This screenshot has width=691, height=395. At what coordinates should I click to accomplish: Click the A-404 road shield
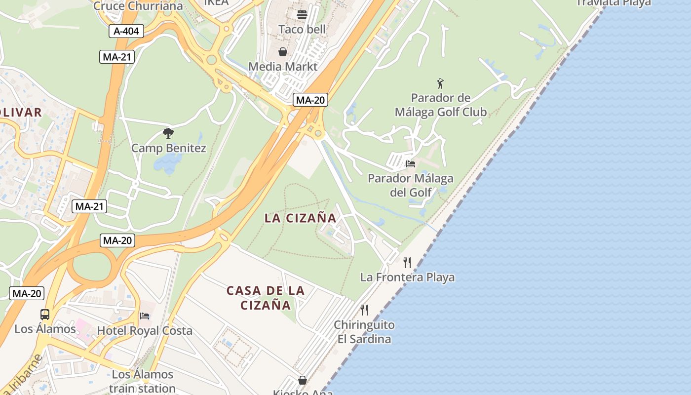(126, 32)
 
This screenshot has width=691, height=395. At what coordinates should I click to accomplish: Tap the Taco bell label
(302, 29)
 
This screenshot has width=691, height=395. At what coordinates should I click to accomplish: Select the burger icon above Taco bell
(302, 14)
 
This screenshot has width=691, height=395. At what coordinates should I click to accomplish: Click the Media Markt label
(283, 66)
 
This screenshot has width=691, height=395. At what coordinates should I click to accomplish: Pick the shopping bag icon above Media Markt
(283, 52)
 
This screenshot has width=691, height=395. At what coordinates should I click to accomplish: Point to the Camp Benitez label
(169, 148)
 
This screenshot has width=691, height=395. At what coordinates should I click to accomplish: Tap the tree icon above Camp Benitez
(168, 133)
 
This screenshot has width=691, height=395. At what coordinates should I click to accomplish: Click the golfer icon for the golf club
(440, 83)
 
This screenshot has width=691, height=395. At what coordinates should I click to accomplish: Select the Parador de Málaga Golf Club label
(441, 105)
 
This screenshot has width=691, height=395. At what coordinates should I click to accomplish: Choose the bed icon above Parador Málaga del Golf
(410, 163)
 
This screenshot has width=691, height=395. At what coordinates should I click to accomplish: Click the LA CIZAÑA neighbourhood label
(300, 218)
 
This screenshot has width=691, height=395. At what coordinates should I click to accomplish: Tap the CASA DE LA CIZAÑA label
(266, 298)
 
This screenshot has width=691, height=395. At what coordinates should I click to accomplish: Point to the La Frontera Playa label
(407, 277)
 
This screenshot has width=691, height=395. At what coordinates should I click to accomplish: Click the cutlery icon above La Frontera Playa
(407, 262)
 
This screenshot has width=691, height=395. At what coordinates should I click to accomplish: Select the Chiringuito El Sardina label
(364, 332)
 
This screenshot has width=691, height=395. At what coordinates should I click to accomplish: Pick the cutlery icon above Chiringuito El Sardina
(364, 310)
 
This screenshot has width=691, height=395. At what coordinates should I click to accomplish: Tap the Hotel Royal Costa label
(145, 330)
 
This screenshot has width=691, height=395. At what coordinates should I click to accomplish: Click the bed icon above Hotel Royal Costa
(145, 316)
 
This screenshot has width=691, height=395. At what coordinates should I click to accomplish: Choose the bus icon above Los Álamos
(45, 314)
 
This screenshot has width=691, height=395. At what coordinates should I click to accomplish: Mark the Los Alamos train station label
(143, 381)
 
